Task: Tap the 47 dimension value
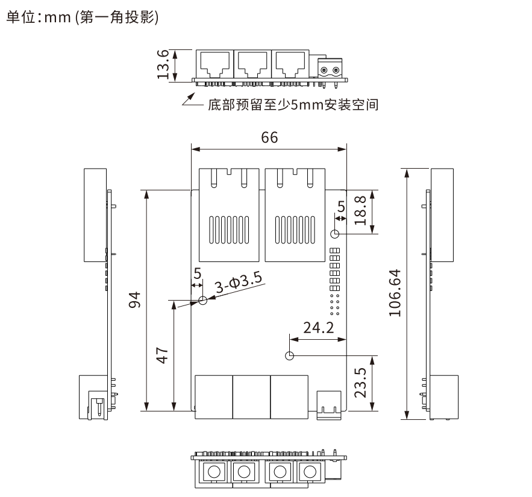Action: (x=161, y=354)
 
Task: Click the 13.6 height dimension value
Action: (x=163, y=65)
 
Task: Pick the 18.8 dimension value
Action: (x=360, y=210)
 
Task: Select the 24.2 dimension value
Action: (x=319, y=328)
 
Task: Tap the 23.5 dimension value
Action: (x=360, y=383)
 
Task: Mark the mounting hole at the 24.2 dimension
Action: (x=290, y=355)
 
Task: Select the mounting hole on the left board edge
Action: (x=202, y=300)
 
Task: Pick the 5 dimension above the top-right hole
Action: (x=342, y=207)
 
